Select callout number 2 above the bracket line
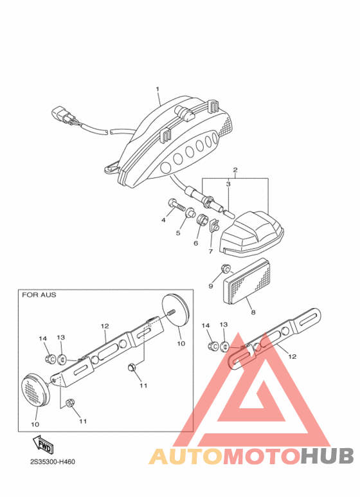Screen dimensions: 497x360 click(x=235, y=170)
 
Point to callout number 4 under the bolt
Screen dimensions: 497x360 click(x=163, y=220)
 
